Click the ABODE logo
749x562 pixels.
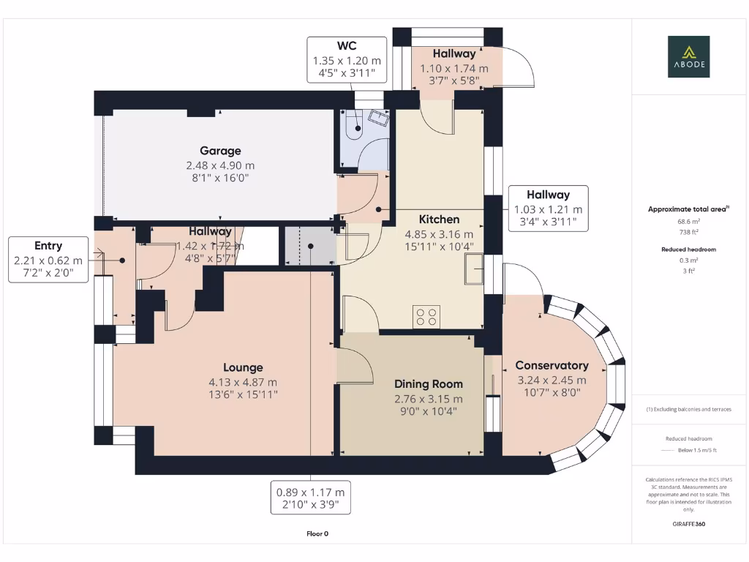pos(688,56)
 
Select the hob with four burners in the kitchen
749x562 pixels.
pos(426,317)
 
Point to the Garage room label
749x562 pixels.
pos(220,151)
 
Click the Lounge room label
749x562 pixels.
pos(243,367)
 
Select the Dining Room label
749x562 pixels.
pos(428,384)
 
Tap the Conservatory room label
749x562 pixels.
pos(552,365)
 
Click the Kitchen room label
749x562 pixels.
pos(439,219)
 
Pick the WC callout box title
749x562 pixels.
pos(347,46)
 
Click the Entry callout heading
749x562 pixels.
pos(48,246)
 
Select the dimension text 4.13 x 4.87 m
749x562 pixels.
pos(243,382)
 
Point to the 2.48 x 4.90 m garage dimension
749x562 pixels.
pos(220,165)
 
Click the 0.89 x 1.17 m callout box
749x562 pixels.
pos(310,498)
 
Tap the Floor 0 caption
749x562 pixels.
pos(317,533)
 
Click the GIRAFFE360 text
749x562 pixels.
pos(688,524)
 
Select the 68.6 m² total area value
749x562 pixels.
pos(688,220)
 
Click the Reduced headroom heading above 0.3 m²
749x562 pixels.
pos(688,250)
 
